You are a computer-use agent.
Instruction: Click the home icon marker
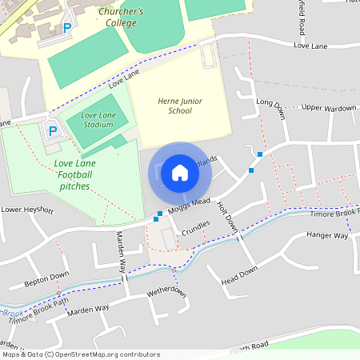click(180, 173)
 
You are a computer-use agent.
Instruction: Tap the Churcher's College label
click(121, 18)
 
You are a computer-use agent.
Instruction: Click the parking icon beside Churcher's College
click(67, 27)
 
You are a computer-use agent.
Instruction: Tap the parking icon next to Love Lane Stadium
click(53, 130)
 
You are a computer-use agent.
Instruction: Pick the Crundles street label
click(195, 228)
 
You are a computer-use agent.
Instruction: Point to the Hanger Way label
click(328, 236)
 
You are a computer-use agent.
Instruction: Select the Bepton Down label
click(46, 279)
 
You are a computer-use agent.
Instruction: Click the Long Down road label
click(270, 104)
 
